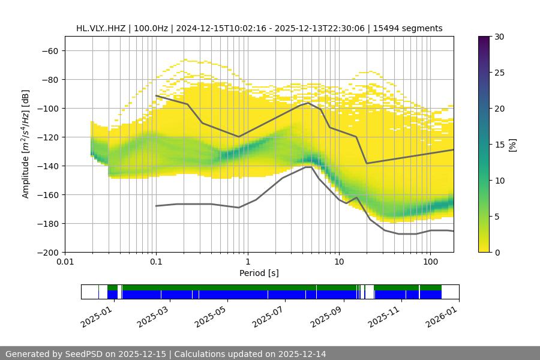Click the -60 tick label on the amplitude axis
coord(49,51)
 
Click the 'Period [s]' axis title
coord(259,273)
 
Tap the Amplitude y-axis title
coord(26,144)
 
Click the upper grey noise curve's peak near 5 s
coord(308,103)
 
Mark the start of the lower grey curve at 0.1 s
coord(156,206)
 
